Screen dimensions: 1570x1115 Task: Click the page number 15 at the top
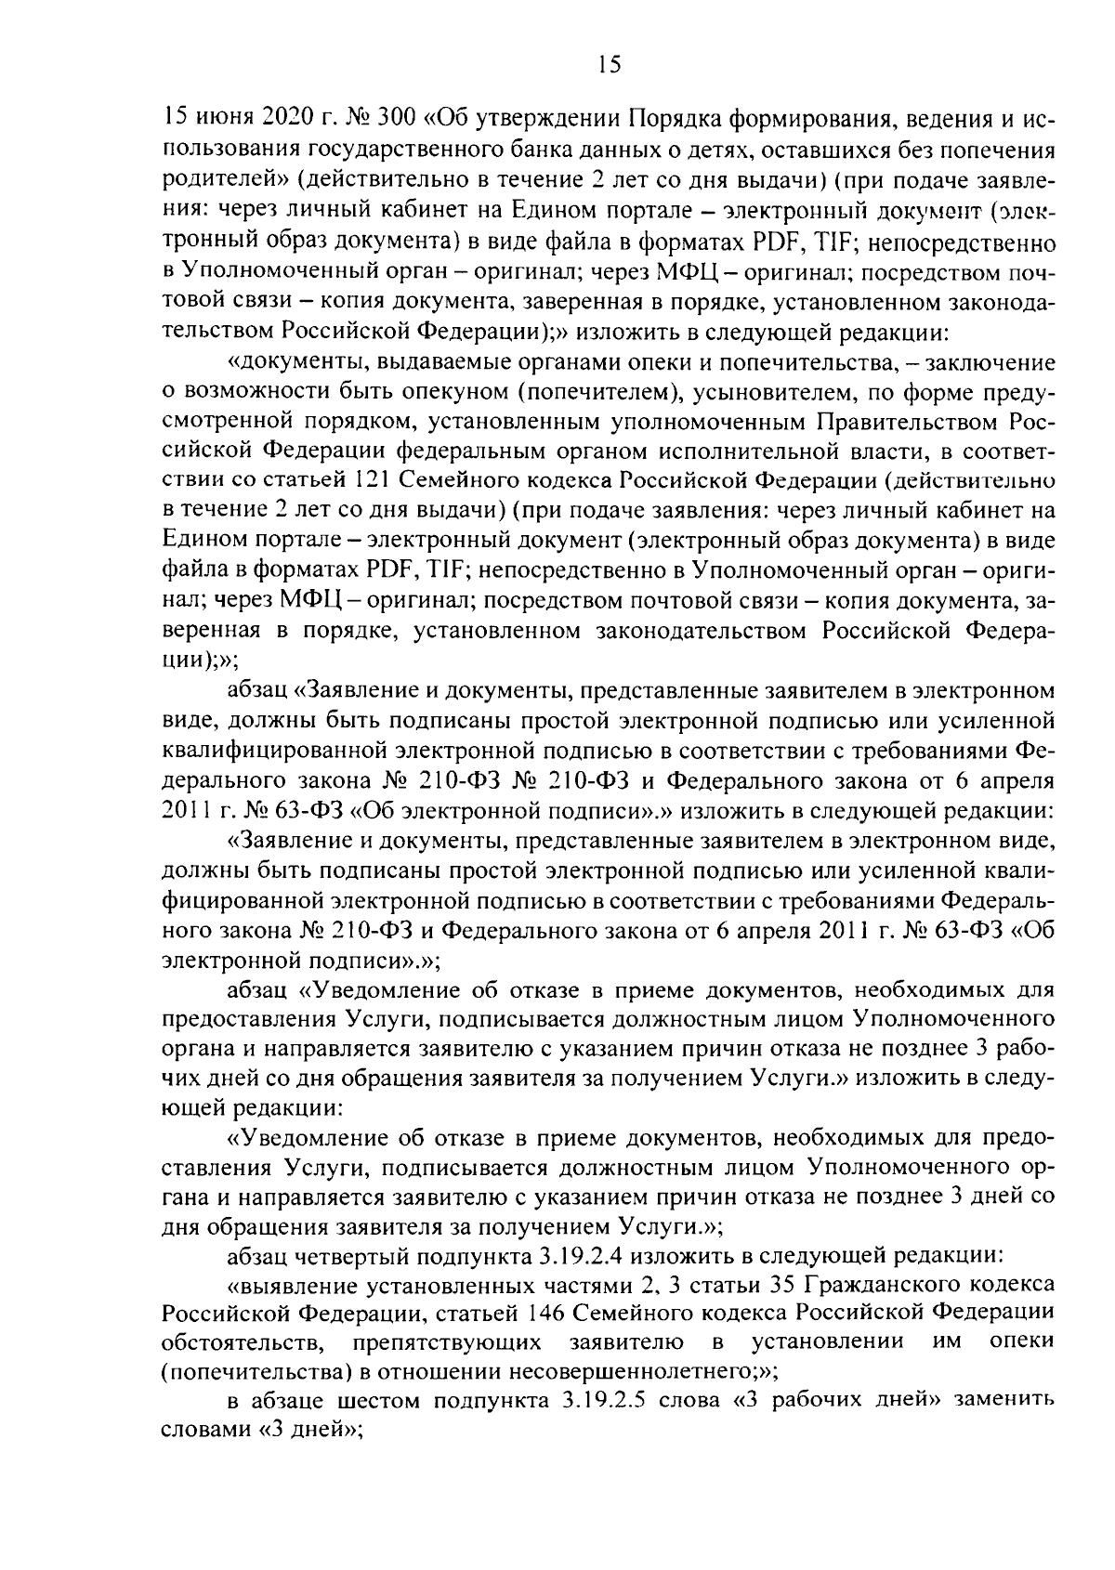pos(609,63)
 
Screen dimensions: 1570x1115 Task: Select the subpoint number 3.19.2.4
pos(592,1256)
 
